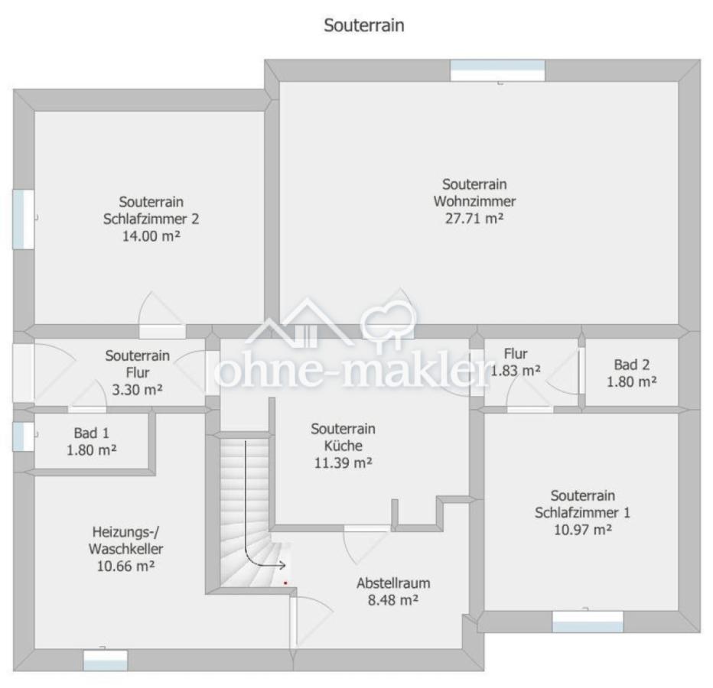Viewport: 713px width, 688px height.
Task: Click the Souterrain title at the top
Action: click(x=364, y=25)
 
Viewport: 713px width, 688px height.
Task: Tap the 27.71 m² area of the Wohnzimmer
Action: click(x=474, y=219)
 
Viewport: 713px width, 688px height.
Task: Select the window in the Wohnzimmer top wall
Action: click(x=497, y=70)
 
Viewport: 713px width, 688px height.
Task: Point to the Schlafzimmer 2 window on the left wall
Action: click(x=23, y=219)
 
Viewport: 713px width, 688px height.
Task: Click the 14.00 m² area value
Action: click(x=151, y=236)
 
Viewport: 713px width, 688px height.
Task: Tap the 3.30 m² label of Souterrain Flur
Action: click(x=138, y=390)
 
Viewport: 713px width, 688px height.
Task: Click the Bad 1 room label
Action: click(x=91, y=433)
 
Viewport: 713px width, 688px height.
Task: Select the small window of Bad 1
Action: click(x=23, y=436)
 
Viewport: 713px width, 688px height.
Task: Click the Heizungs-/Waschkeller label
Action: click(x=126, y=540)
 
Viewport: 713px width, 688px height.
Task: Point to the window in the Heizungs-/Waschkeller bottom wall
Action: click(x=106, y=660)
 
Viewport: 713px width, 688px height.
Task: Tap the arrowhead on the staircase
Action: click(x=282, y=565)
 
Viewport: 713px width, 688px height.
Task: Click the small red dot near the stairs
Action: click(x=285, y=583)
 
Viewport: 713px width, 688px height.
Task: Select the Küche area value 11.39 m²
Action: click(x=343, y=463)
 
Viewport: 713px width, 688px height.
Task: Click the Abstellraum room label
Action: click(x=393, y=583)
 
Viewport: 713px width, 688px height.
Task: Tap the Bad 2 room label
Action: click(x=632, y=365)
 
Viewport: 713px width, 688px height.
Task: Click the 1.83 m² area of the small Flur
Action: click(x=515, y=371)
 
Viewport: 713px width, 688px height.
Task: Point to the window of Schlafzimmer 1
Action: click(x=588, y=621)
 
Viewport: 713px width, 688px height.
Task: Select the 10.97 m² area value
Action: click(x=582, y=530)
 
